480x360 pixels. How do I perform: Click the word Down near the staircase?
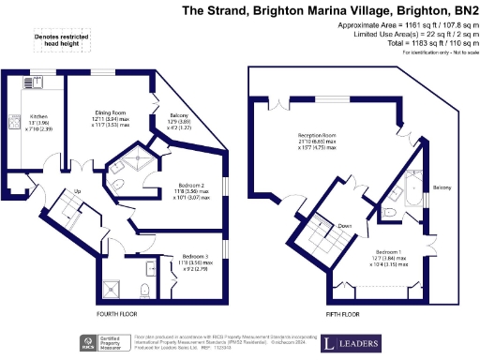tap(344, 226)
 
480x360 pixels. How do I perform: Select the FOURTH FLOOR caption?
tap(117, 314)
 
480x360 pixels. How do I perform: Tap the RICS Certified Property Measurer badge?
tap(100, 342)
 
